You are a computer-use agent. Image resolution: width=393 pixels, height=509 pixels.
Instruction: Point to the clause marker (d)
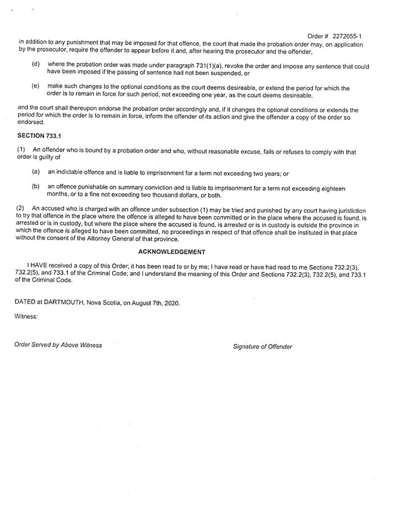[36, 64]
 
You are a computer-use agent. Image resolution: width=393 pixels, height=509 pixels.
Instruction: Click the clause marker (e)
[36, 86]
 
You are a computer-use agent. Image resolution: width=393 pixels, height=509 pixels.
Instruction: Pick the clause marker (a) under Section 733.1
[36, 171]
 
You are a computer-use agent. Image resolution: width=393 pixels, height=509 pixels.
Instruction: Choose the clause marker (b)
[36, 186]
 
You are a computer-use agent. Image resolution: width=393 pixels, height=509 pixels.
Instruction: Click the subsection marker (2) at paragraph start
[20, 207]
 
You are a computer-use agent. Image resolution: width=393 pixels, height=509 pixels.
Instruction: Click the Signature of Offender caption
[263, 346]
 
